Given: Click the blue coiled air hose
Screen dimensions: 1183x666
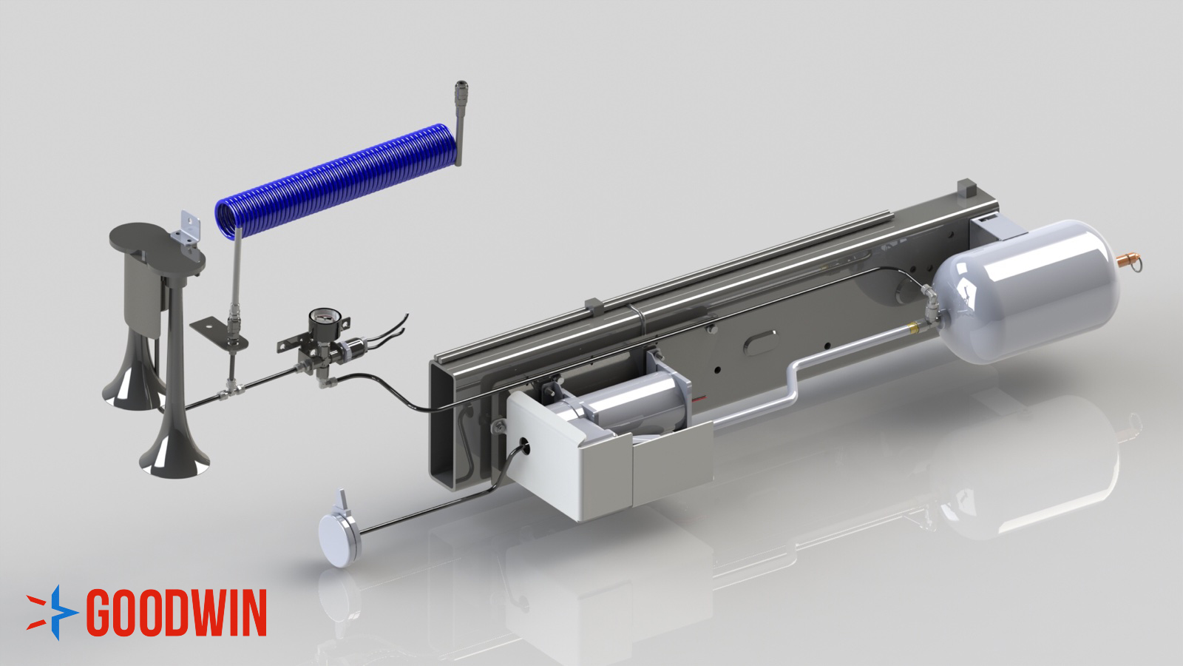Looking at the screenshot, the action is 336,181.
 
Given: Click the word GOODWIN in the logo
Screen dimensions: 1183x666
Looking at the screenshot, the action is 177,613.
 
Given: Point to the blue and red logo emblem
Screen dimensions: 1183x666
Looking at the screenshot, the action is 52,613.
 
